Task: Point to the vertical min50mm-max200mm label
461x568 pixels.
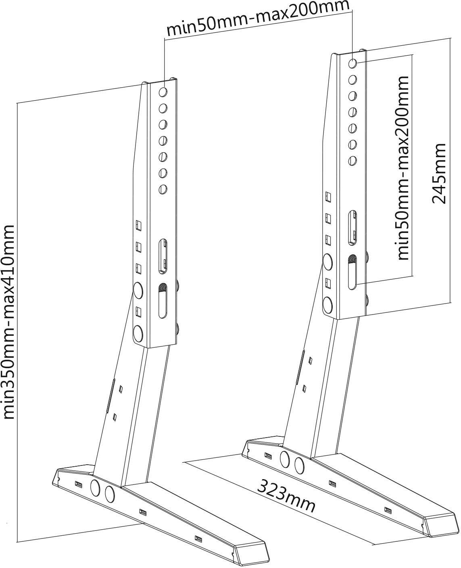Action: click(x=403, y=167)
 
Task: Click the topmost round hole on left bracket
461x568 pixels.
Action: click(x=163, y=92)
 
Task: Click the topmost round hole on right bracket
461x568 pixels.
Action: click(x=353, y=63)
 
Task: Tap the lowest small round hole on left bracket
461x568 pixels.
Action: click(x=163, y=189)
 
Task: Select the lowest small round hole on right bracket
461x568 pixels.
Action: click(x=353, y=160)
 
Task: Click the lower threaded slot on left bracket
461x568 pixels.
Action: click(x=162, y=300)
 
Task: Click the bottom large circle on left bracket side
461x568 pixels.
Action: click(x=138, y=332)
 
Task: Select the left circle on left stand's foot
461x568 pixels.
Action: click(x=95, y=487)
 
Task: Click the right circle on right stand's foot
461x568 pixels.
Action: click(x=298, y=466)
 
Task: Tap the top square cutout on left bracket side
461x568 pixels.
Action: click(x=138, y=224)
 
